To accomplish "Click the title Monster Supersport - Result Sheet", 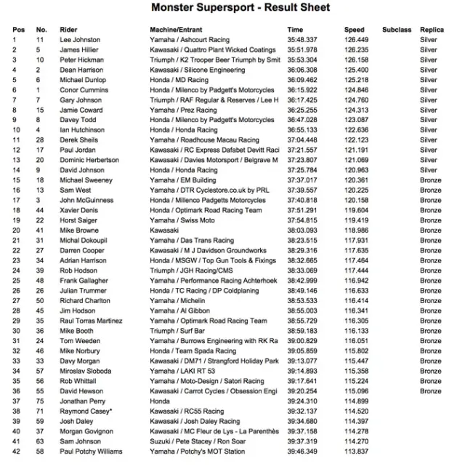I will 240,8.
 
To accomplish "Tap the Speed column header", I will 355,30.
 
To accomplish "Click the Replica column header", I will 432,30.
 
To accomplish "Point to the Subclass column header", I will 396,30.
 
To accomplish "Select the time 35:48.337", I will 302,40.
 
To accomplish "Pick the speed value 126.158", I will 356,60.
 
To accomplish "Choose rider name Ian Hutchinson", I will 83,129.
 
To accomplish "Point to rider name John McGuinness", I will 86,199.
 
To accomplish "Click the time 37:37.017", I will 302,180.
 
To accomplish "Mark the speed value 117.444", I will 356,270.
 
